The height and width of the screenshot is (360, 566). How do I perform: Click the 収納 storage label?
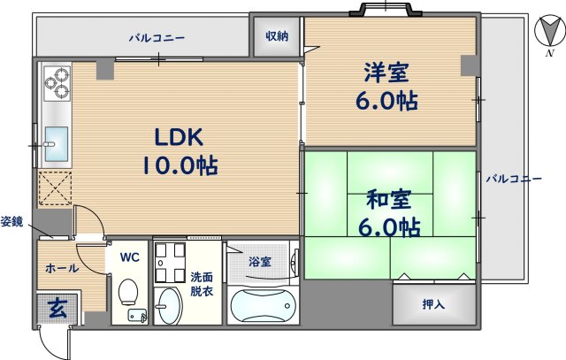[277, 36]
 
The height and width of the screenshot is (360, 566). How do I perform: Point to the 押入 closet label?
[433, 305]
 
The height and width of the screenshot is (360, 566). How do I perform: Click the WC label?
[129, 258]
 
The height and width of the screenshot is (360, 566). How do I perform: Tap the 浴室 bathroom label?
[259, 262]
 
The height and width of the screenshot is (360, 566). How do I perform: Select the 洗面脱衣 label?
[202, 282]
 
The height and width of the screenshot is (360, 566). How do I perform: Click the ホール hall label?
[61, 268]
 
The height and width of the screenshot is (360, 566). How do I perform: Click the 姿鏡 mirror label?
[11, 220]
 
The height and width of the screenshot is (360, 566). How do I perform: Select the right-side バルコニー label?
[513, 179]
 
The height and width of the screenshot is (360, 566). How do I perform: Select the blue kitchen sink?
[55, 140]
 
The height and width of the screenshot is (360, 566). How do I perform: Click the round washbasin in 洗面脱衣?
[166, 307]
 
